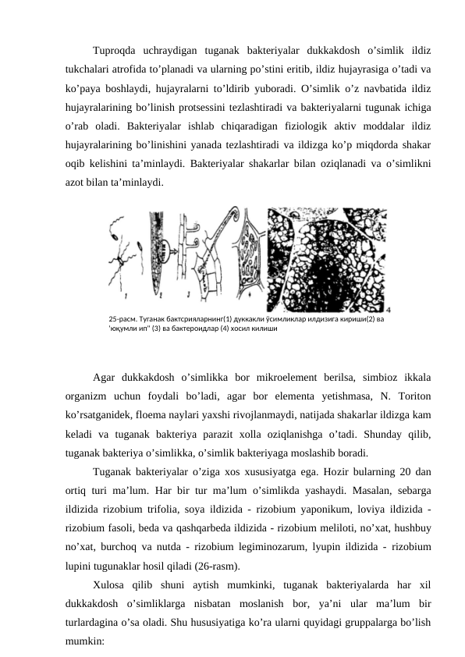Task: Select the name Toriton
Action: click(x=415, y=396)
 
